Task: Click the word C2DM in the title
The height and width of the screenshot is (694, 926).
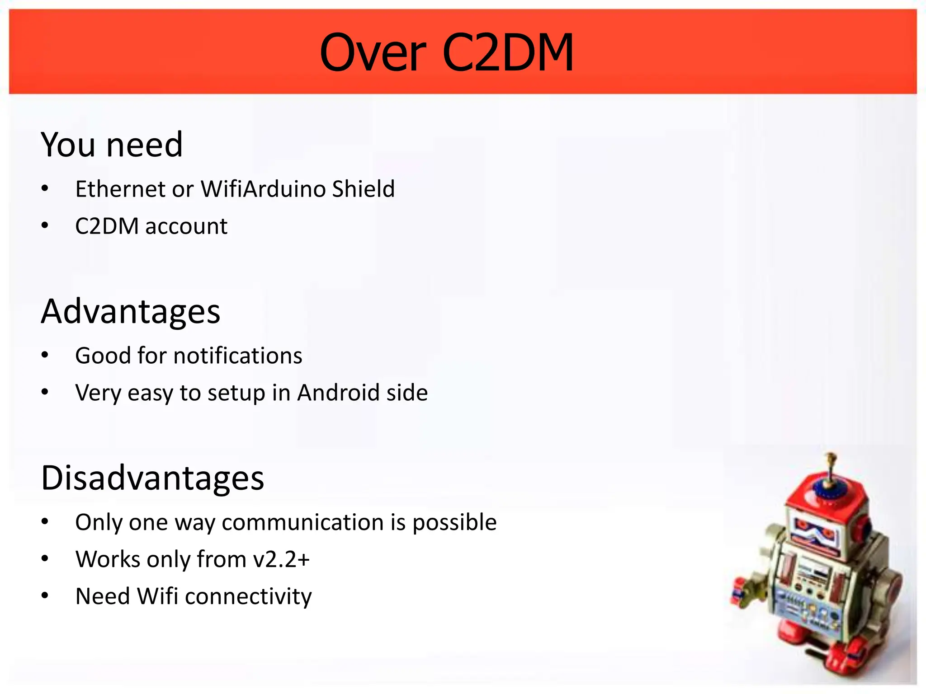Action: coord(508,53)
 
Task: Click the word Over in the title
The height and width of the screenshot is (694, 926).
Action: coord(373,53)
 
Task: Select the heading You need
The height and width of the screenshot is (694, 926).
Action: coord(112,145)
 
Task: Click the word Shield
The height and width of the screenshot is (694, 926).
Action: coord(363,189)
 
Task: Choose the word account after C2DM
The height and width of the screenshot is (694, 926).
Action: coord(186,226)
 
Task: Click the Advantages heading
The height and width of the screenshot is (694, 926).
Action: coord(131,312)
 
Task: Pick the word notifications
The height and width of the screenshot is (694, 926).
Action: coord(238,356)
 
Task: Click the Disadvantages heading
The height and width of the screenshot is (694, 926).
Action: coord(152,478)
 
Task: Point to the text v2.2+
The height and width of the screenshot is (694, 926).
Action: coord(281,559)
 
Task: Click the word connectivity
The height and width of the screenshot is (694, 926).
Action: coord(248,596)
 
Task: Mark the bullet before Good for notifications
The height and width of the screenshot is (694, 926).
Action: coord(45,355)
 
